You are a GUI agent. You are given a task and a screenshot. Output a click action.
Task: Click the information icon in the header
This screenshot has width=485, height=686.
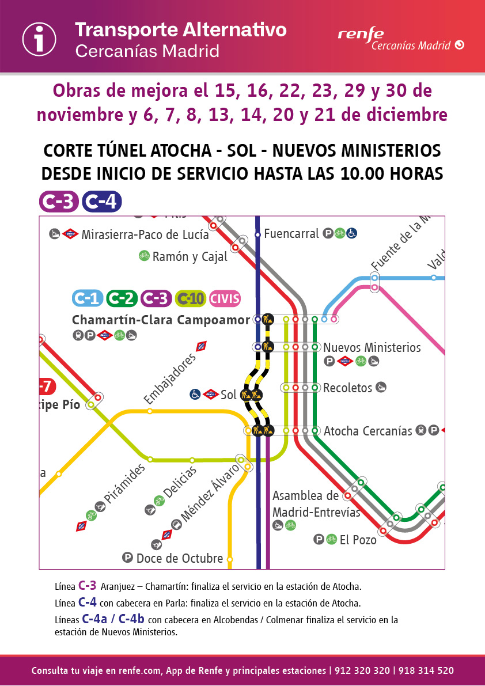(39, 39)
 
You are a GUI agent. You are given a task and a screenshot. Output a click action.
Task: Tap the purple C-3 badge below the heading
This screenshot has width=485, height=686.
(59, 202)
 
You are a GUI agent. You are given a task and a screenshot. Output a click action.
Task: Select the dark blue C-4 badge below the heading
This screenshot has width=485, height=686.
(101, 202)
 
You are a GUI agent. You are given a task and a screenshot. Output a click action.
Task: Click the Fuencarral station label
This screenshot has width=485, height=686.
(291, 234)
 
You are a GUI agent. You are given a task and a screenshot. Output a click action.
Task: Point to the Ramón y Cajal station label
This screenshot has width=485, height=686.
(190, 257)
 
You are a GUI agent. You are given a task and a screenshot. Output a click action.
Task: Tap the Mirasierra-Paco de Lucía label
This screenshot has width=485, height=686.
(145, 234)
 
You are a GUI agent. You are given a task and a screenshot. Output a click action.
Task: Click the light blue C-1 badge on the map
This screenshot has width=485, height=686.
(88, 298)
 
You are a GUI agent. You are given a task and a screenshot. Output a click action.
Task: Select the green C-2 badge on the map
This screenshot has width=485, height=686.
(122, 298)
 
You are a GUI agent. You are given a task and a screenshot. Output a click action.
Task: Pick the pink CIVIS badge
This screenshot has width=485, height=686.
(225, 298)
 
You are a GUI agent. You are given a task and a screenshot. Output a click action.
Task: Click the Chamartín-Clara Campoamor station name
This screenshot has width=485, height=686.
(161, 320)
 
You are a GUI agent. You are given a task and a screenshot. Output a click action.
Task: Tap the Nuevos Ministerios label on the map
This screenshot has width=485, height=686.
(372, 348)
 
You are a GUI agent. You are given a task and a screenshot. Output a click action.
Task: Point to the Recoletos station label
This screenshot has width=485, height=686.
(347, 388)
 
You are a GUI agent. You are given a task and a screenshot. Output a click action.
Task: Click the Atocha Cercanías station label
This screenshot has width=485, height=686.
(367, 431)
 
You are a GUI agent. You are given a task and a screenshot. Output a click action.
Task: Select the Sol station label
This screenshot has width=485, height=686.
(229, 395)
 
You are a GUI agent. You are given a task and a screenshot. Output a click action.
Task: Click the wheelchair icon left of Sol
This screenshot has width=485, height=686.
(195, 394)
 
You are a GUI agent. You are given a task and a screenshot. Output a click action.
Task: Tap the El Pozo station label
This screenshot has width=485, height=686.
(358, 540)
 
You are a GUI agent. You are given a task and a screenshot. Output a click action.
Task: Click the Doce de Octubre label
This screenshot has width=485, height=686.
(179, 559)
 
